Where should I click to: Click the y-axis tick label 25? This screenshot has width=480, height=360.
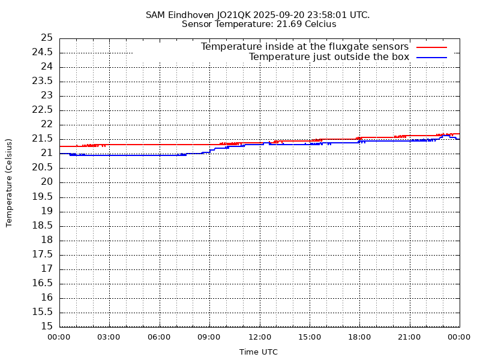47,38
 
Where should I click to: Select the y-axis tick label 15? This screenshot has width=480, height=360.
47,326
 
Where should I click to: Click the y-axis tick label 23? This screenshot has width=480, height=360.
47,95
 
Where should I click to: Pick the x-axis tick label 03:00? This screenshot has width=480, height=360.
109,337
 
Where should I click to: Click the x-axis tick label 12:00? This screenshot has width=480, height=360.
259,337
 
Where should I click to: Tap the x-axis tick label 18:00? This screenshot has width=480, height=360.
359,337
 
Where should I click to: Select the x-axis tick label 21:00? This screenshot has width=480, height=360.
409,337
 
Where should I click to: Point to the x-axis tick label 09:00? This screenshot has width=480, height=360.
209,337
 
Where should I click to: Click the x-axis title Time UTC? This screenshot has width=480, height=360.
259,352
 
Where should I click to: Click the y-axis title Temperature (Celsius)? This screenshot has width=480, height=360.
9,182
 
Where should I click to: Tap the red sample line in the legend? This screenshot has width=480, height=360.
432,47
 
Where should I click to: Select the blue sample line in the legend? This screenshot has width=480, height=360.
432,57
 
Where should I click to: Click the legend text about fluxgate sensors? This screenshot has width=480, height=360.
304,47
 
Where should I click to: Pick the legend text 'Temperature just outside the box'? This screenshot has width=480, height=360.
329,57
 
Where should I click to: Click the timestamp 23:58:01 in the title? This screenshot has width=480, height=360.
325,14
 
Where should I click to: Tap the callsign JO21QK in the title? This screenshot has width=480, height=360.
241,14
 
